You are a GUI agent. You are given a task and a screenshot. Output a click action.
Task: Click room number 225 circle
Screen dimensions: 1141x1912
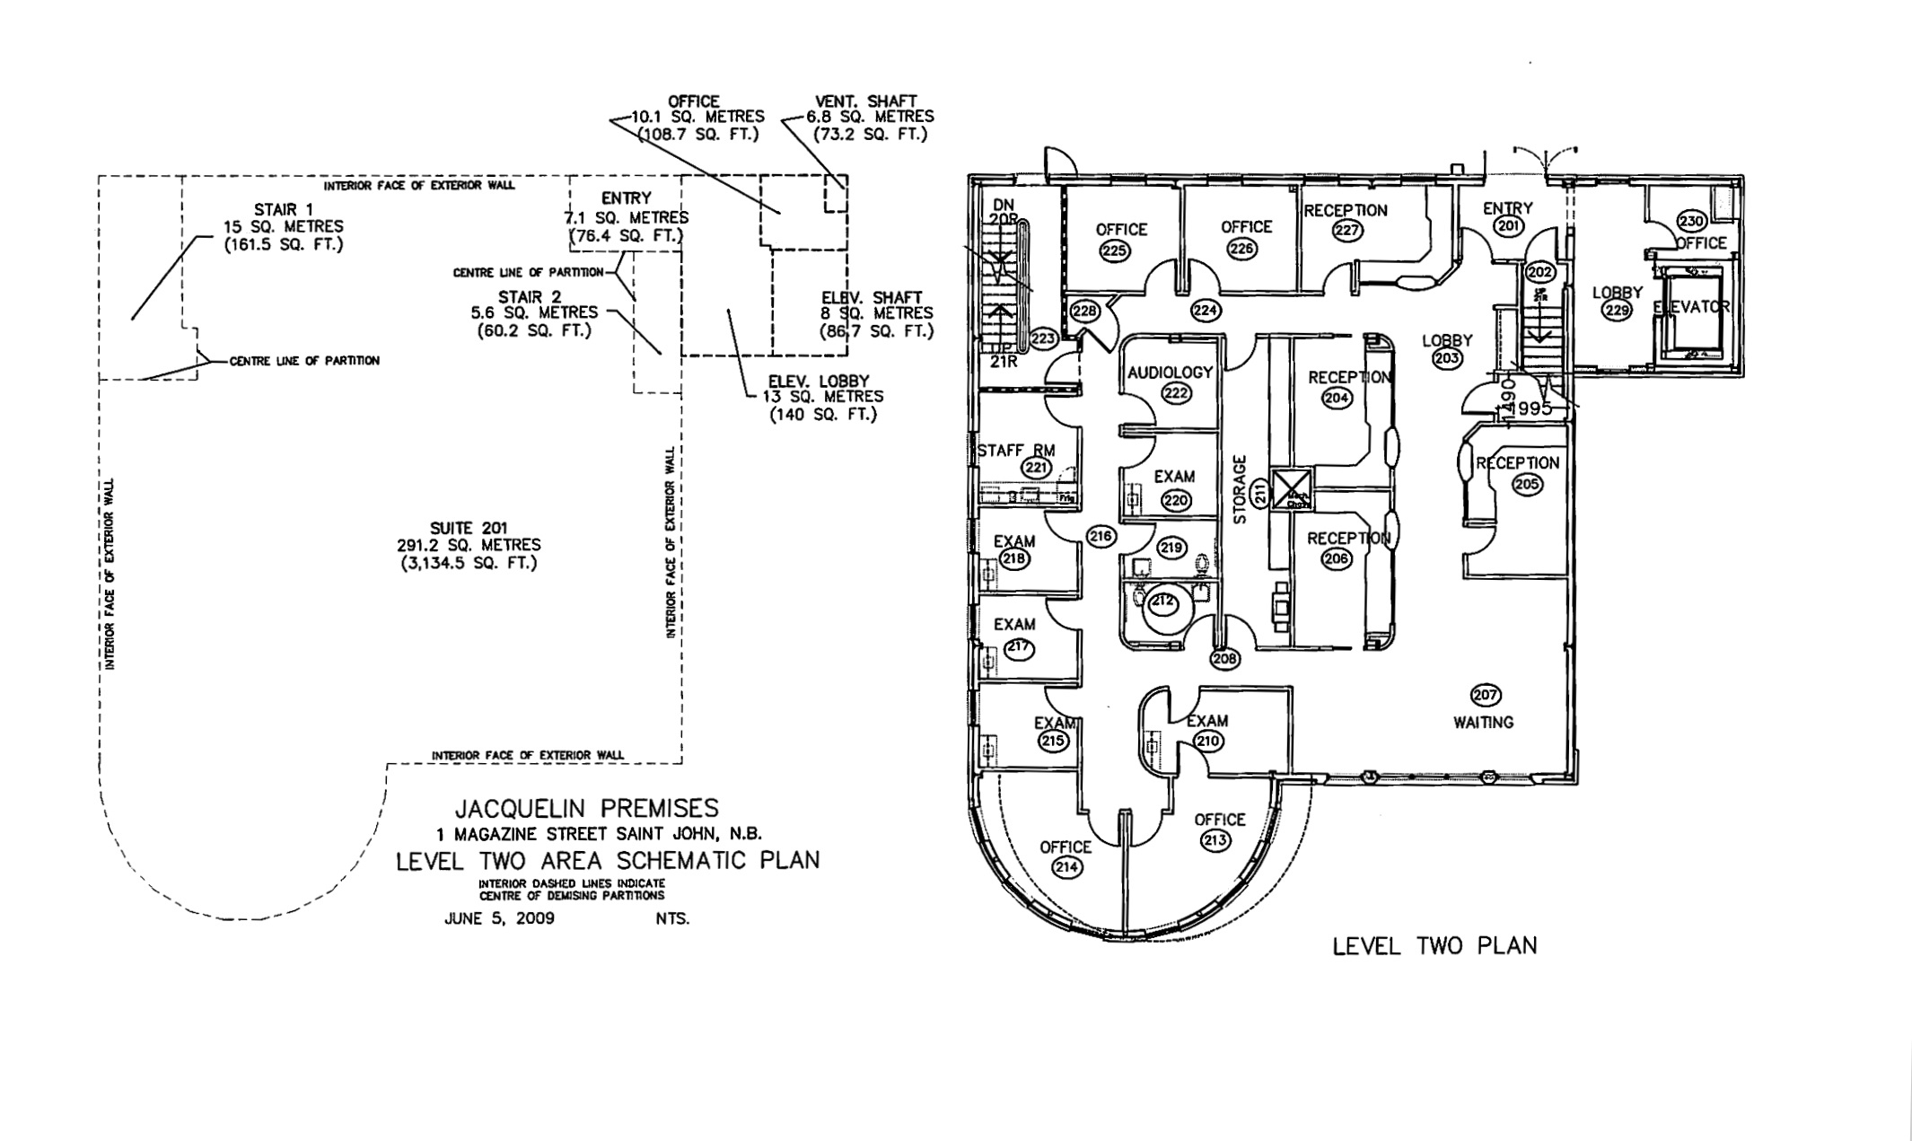(x=1114, y=251)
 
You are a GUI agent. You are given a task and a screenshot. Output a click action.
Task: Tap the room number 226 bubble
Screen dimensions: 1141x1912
(x=1241, y=249)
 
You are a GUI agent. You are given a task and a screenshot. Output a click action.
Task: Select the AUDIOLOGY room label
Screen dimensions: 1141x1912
(x=1170, y=372)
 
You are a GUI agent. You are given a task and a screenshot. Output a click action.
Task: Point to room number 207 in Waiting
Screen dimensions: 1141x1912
(x=1486, y=695)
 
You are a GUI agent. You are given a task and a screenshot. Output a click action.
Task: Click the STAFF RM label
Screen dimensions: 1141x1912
(x=1016, y=451)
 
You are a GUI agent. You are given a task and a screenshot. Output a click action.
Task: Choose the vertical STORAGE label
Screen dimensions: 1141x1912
(x=1241, y=490)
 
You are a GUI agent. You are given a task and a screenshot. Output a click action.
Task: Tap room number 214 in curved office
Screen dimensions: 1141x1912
(x=1067, y=867)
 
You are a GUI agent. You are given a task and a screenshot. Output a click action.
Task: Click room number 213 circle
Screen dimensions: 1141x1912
(x=1216, y=840)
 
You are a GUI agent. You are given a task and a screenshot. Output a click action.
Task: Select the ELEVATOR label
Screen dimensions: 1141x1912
(x=1691, y=307)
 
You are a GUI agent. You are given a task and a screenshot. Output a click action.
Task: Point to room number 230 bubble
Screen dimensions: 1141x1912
(x=1691, y=222)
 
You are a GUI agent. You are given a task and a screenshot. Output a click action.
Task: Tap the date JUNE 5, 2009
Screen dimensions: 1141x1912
(x=499, y=918)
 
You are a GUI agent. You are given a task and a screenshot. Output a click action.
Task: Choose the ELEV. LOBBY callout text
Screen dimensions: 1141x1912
(x=819, y=382)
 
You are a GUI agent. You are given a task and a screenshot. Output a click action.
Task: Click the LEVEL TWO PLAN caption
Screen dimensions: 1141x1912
(x=1434, y=946)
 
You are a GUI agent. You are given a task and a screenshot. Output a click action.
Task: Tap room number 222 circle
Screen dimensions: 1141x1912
(x=1175, y=393)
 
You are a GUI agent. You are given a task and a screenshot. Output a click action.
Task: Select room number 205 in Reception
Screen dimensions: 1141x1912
(x=1526, y=485)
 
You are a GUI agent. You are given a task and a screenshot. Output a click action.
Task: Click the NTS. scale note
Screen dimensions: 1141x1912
(x=673, y=918)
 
